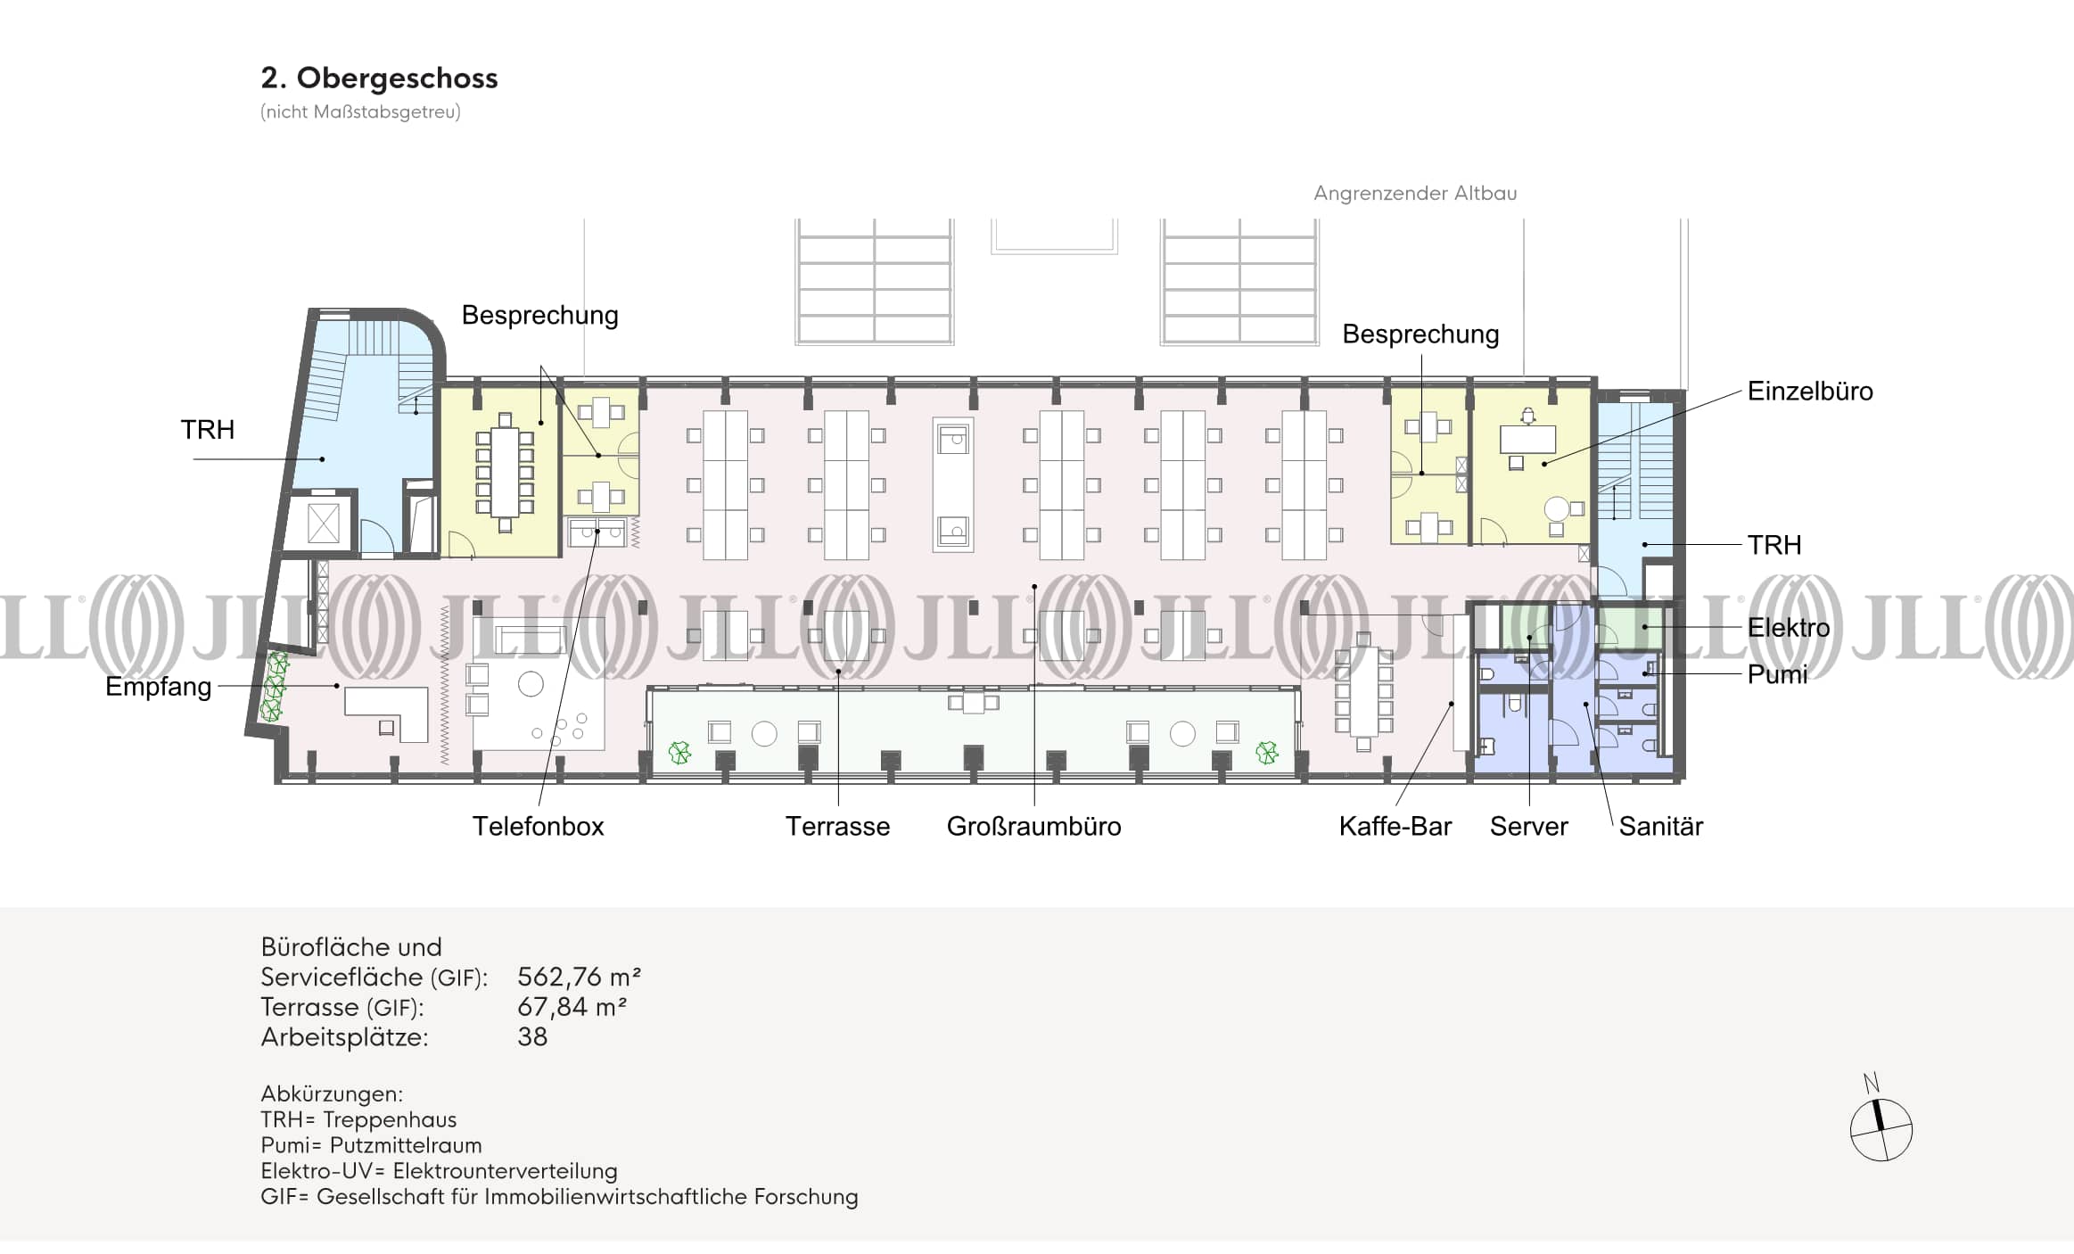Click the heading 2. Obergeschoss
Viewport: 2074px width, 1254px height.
(x=379, y=78)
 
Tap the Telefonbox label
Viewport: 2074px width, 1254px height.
(x=538, y=826)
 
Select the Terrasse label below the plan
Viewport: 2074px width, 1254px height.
(x=837, y=826)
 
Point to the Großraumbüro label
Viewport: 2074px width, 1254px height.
(x=1033, y=826)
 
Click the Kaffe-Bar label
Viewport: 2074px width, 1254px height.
(x=1395, y=826)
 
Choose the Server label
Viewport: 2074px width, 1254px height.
(x=1528, y=826)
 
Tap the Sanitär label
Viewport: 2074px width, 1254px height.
(x=1660, y=826)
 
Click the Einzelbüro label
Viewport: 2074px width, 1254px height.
(x=1809, y=391)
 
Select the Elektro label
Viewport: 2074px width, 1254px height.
(x=1788, y=627)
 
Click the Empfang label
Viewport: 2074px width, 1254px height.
(x=158, y=686)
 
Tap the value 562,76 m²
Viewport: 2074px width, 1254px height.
(x=579, y=977)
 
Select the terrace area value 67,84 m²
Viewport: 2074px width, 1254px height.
(x=572, y=1007)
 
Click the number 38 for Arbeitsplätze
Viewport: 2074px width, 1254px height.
(x=532, y=1036)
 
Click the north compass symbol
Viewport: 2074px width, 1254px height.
(x=1881, y=1128)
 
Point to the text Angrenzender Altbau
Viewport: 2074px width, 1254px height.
(x=1414, y=193)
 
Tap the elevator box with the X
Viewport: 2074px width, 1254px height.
(x=323, y=523)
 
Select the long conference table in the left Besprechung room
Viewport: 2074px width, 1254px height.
(x=505, y=471)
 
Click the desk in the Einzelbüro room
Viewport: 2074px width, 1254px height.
(x=1527, y=439)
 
